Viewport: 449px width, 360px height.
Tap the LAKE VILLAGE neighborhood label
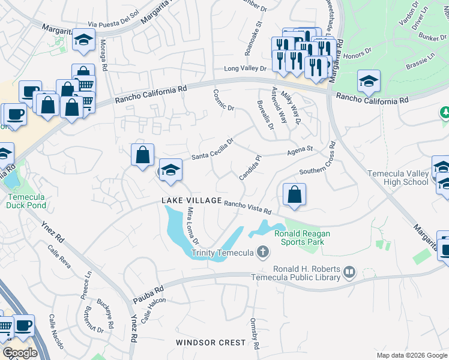point(191,200)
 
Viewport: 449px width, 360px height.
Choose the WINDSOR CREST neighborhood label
point(211,342)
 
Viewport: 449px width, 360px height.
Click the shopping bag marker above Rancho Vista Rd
point(294,195)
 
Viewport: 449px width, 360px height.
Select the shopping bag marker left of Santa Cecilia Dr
point(143,155)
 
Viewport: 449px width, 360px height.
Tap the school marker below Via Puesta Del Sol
point(83,40)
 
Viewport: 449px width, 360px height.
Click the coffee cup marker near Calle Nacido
point(23,326)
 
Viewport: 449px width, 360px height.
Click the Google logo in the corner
point(20,353)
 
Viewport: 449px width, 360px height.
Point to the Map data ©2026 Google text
point(412,355)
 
